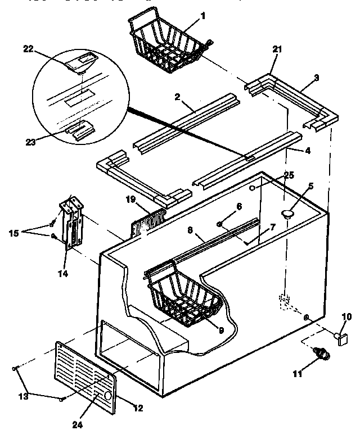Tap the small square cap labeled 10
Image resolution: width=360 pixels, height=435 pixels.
tap(340, 337)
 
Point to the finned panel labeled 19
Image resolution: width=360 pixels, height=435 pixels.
tap(149, 222)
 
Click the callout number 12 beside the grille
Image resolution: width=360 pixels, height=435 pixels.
tap(136, 406)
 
